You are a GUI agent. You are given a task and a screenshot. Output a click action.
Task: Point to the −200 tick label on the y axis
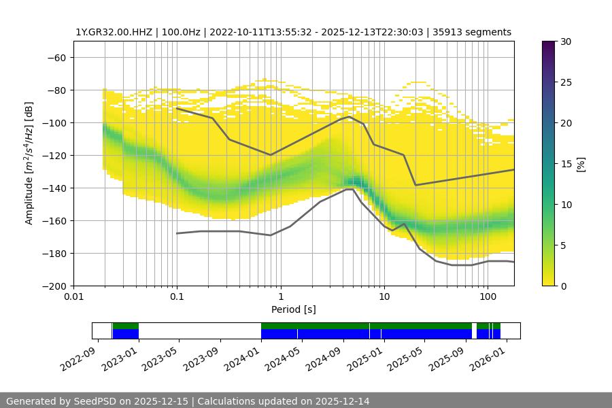tap(54, 286)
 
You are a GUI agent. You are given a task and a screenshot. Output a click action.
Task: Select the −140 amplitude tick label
tap(54, 188)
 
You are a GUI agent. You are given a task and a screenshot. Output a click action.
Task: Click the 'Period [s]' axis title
tap(293, 309)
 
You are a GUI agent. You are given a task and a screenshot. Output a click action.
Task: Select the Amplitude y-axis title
tap(29, 163)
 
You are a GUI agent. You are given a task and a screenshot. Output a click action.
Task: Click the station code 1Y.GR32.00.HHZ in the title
tap(112, 32)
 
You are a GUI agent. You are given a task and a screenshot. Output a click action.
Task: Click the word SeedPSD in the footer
tap(97, 401)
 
